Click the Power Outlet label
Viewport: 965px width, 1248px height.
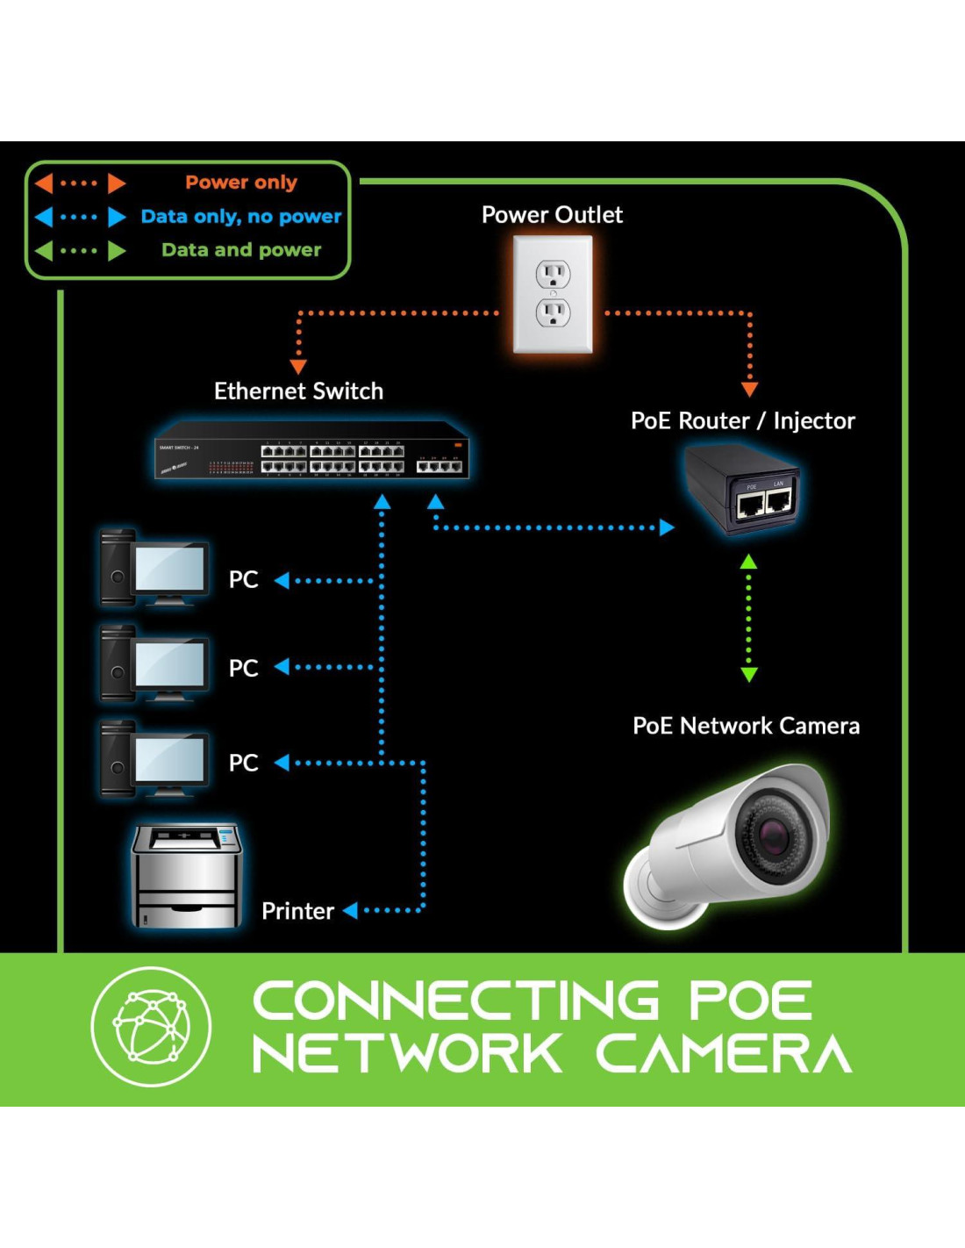pos(552,215)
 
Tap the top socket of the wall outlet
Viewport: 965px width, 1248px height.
pos(553,275)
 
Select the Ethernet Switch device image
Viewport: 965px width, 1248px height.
pos(311,450)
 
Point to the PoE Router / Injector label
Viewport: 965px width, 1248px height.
pos(742,421)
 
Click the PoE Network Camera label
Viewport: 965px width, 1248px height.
pos(746,726)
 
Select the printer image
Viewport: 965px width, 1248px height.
pos(186,875)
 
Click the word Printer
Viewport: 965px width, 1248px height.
pos(297,911)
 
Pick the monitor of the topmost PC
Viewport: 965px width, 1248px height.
pos(170,570)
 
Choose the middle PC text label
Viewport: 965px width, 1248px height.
pos(243,669)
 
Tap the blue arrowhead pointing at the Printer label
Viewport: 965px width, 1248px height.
pos(350,910)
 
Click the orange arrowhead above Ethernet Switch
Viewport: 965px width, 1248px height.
pos(298,366)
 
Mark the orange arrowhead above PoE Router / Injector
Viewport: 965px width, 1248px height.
pos(749,389)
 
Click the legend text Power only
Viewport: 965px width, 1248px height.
pos(241,183)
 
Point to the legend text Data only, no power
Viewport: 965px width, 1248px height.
pos(241,217)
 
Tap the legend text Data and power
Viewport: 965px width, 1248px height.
pos(241,250)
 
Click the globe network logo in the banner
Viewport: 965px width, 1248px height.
pos(151,1026)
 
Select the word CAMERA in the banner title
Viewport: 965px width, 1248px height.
pos(724,1053)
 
